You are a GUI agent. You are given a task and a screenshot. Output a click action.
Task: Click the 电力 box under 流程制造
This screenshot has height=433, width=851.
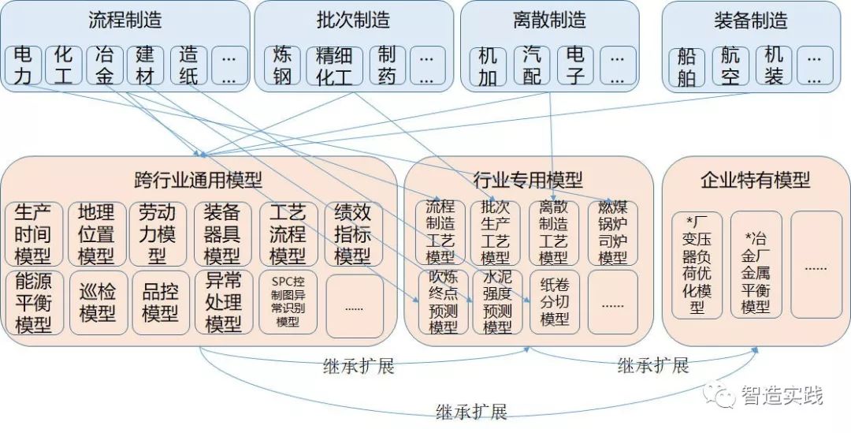pyautogui.click(x=24, y=65)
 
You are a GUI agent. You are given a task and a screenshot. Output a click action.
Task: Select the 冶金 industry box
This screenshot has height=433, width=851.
pyautogui.click(x=106, y=65)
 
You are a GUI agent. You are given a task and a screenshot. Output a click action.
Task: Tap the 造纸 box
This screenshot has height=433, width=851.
pyautogui.click(x=188, y=65)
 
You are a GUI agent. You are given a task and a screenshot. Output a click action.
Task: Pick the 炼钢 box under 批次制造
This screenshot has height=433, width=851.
pyautogui.click(x=282, y=65)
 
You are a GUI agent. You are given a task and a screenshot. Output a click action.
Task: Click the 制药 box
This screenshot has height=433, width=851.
pyautogui.click(x=387, y=65)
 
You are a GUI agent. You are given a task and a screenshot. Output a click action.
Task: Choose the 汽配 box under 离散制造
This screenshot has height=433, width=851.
pyautogui.click(x=533, y=65)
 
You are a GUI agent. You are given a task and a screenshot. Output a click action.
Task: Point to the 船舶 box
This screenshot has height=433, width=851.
pyautogui.click(x=687, y=66)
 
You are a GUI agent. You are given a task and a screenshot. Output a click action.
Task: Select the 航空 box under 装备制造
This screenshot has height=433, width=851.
pyautogui.click(x=730, y=66)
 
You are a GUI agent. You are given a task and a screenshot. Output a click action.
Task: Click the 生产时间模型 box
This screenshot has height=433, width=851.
pyautogui.click(x=34, y=234)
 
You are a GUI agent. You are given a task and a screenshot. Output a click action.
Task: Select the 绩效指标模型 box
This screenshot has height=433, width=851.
pyautogui.click(x=353, y=234)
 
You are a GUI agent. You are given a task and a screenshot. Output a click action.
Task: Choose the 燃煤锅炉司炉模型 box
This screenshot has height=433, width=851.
pyautogui.click(x=612, y=233)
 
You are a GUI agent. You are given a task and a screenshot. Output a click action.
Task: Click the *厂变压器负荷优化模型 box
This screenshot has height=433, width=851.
pyautogui.click(x=697, y=264)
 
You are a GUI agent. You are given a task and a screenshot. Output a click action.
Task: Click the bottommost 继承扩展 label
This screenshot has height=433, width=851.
pyautogui.click(x=471, y=412)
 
